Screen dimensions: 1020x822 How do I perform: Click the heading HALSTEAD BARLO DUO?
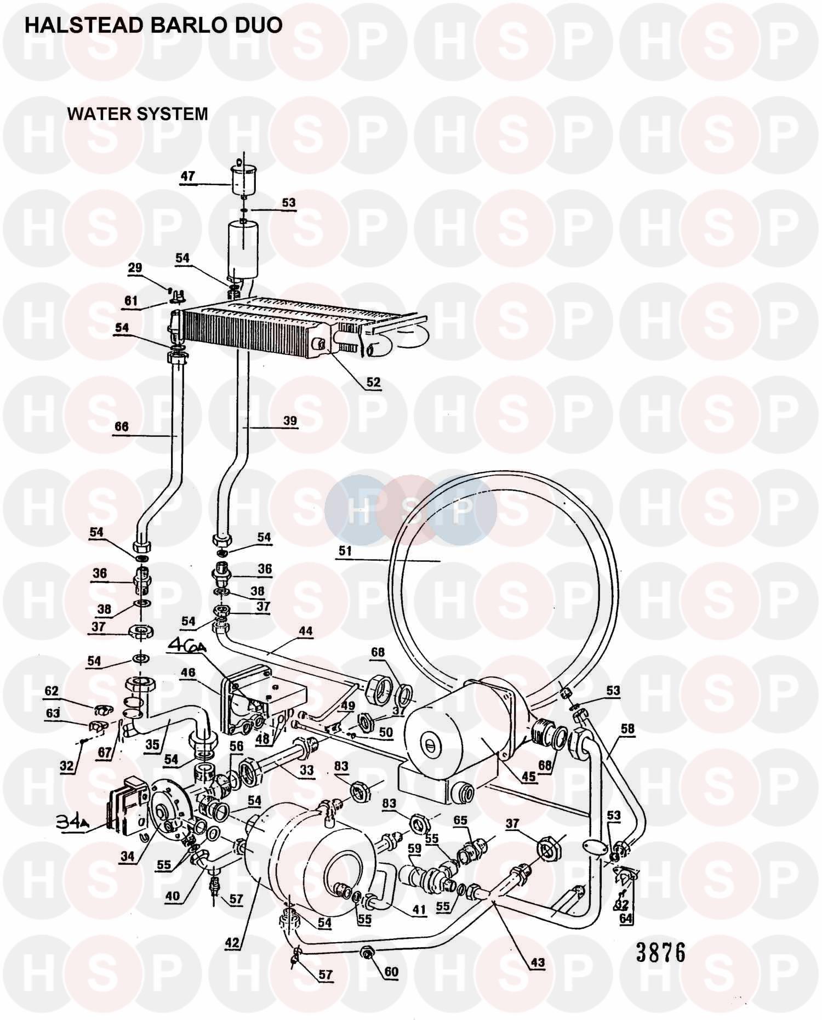coord(153,25)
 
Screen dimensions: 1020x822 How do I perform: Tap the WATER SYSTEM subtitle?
coord(137,114)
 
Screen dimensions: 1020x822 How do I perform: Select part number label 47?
coord(188,176)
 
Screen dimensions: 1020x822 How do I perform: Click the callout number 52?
coord(373,382)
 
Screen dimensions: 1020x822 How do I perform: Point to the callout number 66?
coord(122,426)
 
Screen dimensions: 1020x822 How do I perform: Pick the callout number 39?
coord(290,420)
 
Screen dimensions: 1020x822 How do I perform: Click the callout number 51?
coord(345,551)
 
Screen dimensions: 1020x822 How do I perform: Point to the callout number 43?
coord(538,962)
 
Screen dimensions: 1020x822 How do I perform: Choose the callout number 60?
coord(391,972)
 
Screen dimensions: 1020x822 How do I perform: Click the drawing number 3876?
coord(660,953)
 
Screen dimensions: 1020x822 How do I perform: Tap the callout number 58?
coord(627,729)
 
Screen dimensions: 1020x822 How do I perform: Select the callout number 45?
coord(528,777)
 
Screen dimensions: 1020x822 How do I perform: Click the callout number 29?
coord(135,267)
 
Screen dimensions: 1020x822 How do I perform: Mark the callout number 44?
coord(305,631)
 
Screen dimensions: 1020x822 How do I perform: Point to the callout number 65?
coord(460,820)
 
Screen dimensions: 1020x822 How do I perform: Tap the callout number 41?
coord(419,910)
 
